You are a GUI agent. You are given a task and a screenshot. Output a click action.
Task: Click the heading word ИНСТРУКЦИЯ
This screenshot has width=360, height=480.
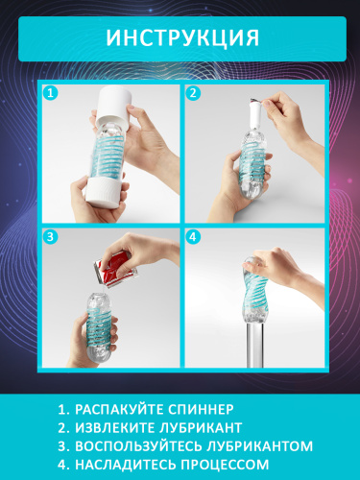(180, 37)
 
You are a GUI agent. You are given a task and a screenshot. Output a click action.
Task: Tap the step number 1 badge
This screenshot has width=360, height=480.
(51, 94)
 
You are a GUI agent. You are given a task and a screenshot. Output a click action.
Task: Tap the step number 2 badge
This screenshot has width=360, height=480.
(194, 94)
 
